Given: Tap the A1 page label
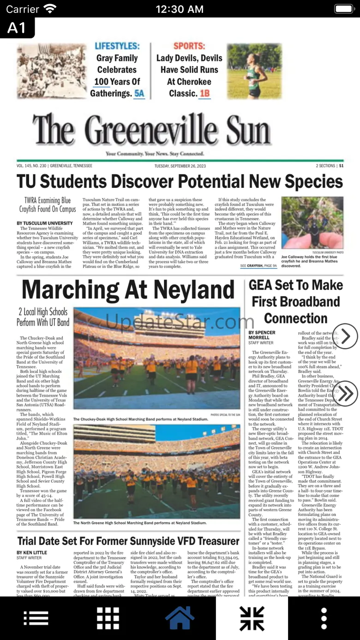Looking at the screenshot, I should (x=17, y=28).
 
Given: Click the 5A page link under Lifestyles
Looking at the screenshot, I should (x=139, y=94).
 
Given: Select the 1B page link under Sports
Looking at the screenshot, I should (x=204, y=94).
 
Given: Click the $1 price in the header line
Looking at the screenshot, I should (x=341, y=166).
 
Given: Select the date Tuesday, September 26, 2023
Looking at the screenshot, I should (x=180, y=166).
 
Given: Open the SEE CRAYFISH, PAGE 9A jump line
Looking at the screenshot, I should (x=258, y=266).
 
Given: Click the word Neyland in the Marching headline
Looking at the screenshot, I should (x=194, y=290).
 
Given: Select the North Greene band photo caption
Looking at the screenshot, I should (x=140, y=523).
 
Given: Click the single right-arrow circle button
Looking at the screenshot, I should (x=345, y=336).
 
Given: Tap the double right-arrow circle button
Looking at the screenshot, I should (x=345, y=394).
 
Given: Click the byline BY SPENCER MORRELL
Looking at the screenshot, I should (x=262, y=335).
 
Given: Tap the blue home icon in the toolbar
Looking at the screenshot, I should (x=180, y=618).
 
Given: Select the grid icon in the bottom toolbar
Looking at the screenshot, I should (x=108, y=618).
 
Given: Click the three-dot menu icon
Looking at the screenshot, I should (x=324, y=618).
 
